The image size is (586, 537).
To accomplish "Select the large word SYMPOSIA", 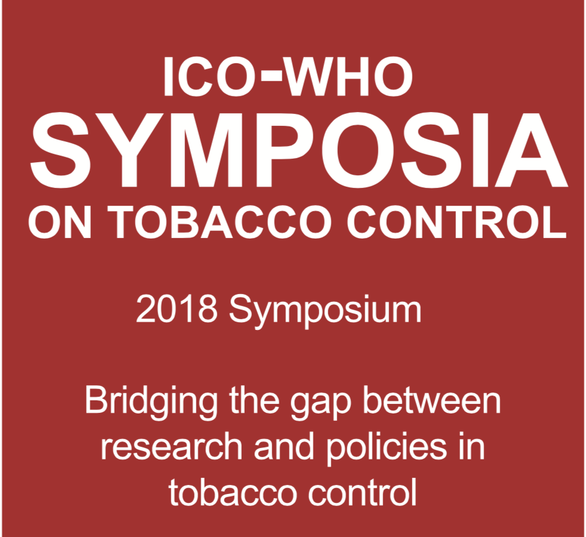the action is point(299,150).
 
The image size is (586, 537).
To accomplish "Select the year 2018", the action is point(177,310).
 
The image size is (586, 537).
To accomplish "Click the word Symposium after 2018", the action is point(325,311).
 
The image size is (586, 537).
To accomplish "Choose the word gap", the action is point(321,406).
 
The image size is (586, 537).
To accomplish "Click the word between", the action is point(431,400).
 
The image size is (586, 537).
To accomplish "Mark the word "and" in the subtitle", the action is point(284,446).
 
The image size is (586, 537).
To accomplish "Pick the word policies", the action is point(387,449).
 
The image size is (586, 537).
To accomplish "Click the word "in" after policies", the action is point(472,446).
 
